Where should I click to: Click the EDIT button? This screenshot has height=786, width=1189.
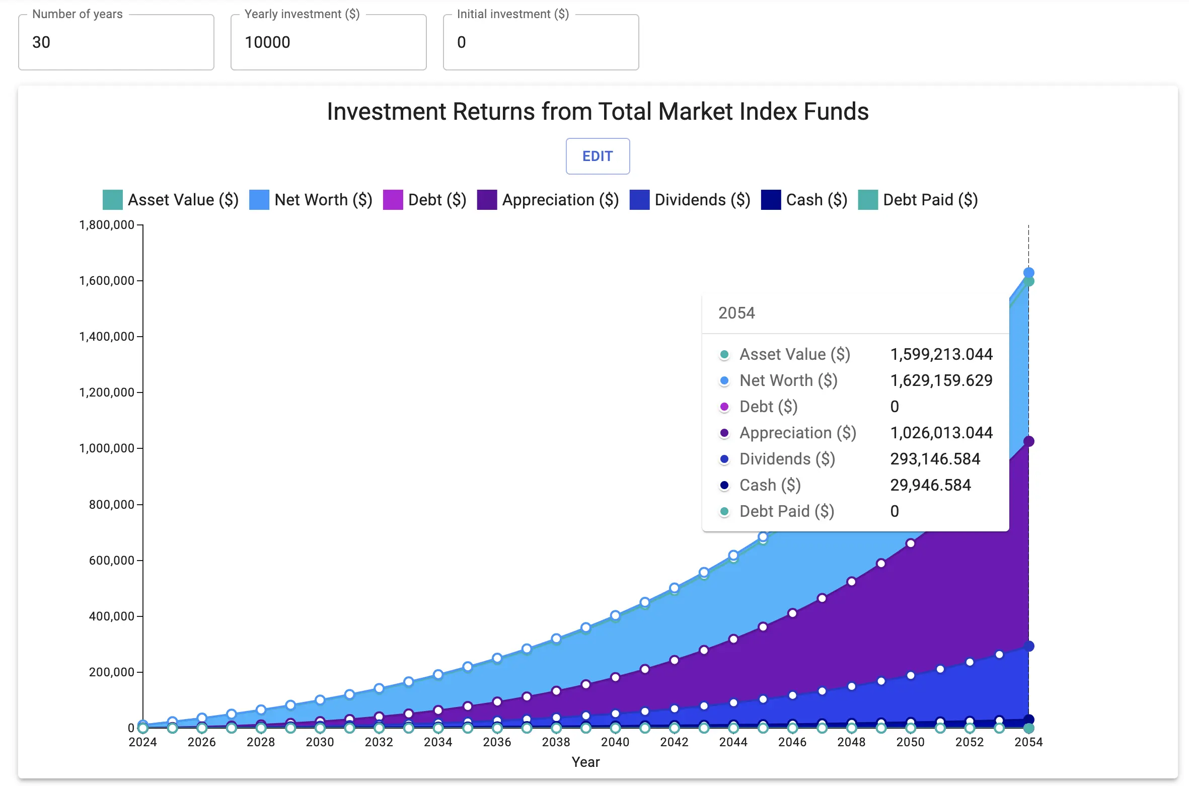[598, 156]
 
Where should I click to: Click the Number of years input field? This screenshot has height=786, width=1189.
[116, 42]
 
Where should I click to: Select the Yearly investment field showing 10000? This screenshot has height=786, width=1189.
[328, 42]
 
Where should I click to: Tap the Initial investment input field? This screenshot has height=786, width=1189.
[541, 42]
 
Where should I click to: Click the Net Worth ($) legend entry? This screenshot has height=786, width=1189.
[311, 200]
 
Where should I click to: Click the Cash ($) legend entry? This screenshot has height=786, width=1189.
[804, 200]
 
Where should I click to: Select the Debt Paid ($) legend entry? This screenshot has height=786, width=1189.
[918, 200]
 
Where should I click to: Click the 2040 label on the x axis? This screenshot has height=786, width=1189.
[615, 742]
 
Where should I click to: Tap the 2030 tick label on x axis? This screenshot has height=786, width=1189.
[320, 742]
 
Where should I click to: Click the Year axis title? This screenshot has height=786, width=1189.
[585, 762]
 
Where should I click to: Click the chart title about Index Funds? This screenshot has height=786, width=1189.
[598, 112]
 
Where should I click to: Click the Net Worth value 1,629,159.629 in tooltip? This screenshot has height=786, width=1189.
[941, 380]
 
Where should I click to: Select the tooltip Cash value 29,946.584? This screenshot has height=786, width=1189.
[930, 485]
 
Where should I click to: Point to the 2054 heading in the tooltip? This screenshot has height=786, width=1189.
[736, 313]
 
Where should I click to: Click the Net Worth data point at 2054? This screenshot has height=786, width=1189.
[1028, 272]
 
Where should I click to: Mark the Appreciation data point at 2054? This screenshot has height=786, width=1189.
[1028, 441]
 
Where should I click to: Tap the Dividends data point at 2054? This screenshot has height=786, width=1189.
[1028, 646]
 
